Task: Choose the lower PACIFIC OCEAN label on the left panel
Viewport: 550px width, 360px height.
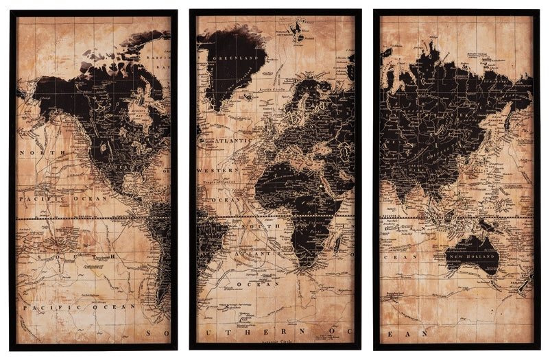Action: pos(78,307)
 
